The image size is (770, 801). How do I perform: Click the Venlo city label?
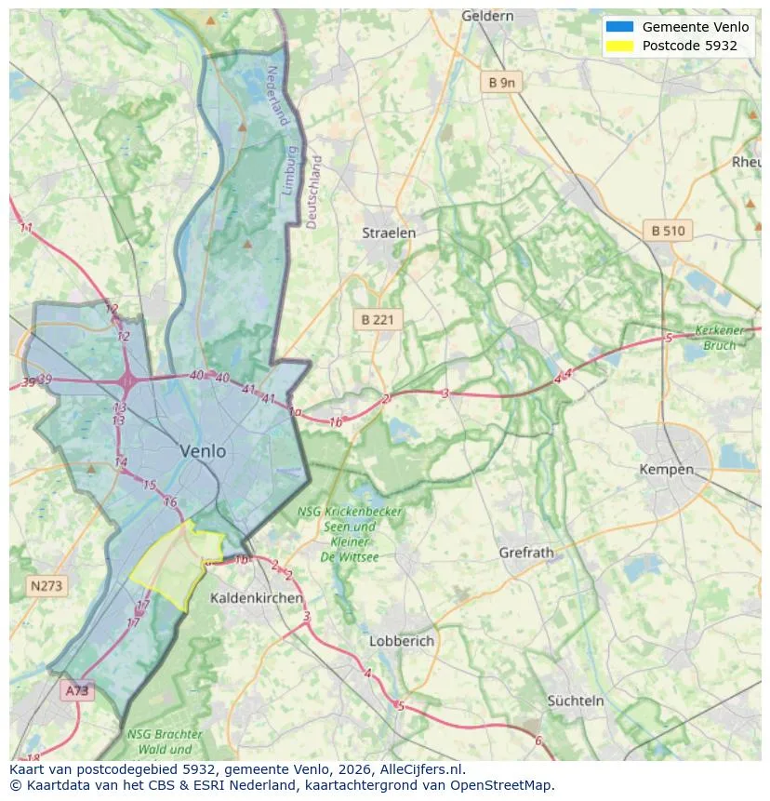[x=203, y=451]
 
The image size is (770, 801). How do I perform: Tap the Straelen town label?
[x=389, y=233]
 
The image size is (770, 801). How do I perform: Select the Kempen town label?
[x=666, y=470]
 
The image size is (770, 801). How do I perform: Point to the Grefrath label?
[x=525, y=553]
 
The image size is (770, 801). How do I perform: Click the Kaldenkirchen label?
[x=256, y=597]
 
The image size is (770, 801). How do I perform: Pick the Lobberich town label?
[x=402, y=641]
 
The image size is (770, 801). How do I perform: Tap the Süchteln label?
[x=576, y=701]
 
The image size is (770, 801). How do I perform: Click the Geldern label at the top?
[x=487, y=16]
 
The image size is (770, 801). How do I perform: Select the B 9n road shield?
[x=501, y=83]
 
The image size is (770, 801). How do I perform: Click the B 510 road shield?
[x=668, y=231]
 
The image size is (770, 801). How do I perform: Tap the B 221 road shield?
[x=378, y=319]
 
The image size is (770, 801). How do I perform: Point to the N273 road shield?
[x=46, y=586]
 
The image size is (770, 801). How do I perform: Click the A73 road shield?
[x=77, y=690]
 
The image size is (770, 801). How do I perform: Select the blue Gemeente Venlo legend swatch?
[x=618, y=27]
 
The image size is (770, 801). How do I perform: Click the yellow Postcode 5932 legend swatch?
[x=618, y=46]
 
